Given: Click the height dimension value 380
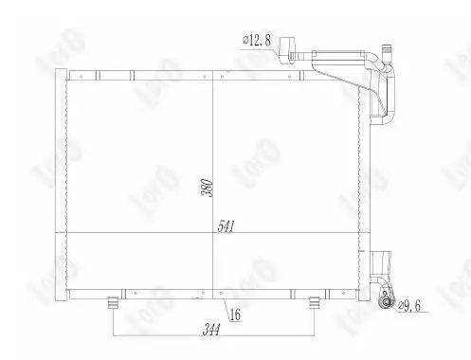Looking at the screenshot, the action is click(208, 188).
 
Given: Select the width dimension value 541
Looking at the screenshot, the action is click(226, 226).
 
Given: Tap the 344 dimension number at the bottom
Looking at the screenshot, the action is click(211, 330).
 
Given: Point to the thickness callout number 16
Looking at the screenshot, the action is click(235, 315).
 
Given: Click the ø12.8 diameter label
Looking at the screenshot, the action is click(257, 41).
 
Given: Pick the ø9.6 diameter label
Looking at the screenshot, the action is click(409, 306).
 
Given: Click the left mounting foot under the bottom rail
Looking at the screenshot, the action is click(113, 302).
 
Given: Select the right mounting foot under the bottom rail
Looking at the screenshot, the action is click(314, 302).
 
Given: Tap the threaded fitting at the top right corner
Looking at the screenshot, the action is click(387, 52).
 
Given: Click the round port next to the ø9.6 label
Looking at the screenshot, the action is click(386, 303).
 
